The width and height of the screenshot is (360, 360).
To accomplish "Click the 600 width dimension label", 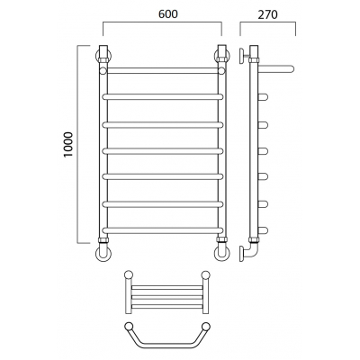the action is click(x=168, y=14).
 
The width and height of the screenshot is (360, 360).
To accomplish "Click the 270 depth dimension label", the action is click(x=268, y=14).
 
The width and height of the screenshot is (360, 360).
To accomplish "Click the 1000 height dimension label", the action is click(x=68, y=144).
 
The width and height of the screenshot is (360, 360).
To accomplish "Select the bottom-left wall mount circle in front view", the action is click(x=103, y=254).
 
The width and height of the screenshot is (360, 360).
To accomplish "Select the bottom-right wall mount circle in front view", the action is click(x=222, y=254).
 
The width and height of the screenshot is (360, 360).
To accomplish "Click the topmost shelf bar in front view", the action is click(x=163, y=71).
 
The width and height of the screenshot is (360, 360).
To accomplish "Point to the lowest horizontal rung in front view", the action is click(x=163, y=230).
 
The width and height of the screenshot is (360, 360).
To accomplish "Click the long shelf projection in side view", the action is click(x=276, y=69).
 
